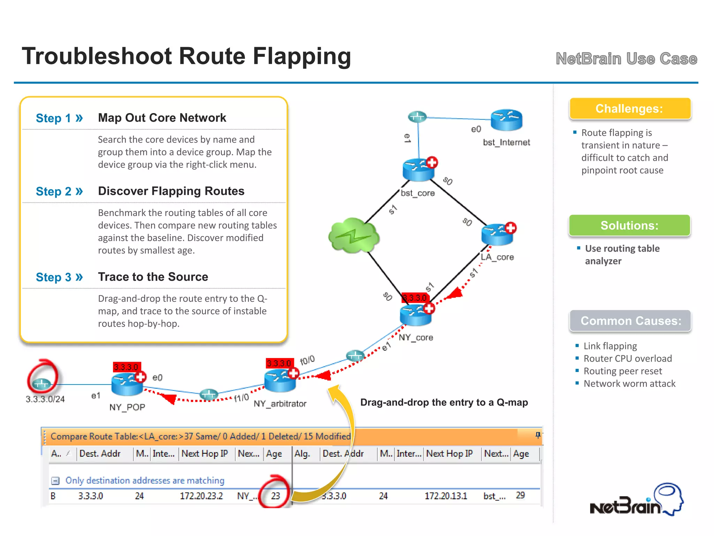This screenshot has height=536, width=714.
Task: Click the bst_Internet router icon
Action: pos(506,120)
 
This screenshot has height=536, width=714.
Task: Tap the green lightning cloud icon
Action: pos(354,236)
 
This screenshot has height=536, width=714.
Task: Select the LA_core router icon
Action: pos(497,234)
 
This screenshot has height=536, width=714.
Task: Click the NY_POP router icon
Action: pos(127,384)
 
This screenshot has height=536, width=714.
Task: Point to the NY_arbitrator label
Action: pos(280,404)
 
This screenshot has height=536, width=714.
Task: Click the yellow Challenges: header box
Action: pos(630,109)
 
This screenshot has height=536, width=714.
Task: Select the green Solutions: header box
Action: pos(630,225)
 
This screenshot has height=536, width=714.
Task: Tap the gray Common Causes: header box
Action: pos(630,321)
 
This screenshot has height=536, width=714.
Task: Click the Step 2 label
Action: pos(59,191)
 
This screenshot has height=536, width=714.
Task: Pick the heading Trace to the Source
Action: pos(153,277)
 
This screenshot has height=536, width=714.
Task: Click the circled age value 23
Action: pos(275,496)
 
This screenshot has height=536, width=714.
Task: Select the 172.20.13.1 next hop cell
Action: pos(446,496)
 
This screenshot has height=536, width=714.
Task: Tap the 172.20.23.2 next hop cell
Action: pos(201,496)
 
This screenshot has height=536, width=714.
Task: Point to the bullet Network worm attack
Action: pos(629,384)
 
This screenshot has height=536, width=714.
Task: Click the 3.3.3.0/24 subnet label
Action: pos(45,399)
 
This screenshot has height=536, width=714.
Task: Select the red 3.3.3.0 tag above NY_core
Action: pos(415,298)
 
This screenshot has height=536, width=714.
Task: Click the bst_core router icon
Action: pos(418,170)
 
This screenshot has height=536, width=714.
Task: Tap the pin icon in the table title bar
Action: pos(538,435)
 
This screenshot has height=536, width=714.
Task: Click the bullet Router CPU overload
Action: pos(628,358)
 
